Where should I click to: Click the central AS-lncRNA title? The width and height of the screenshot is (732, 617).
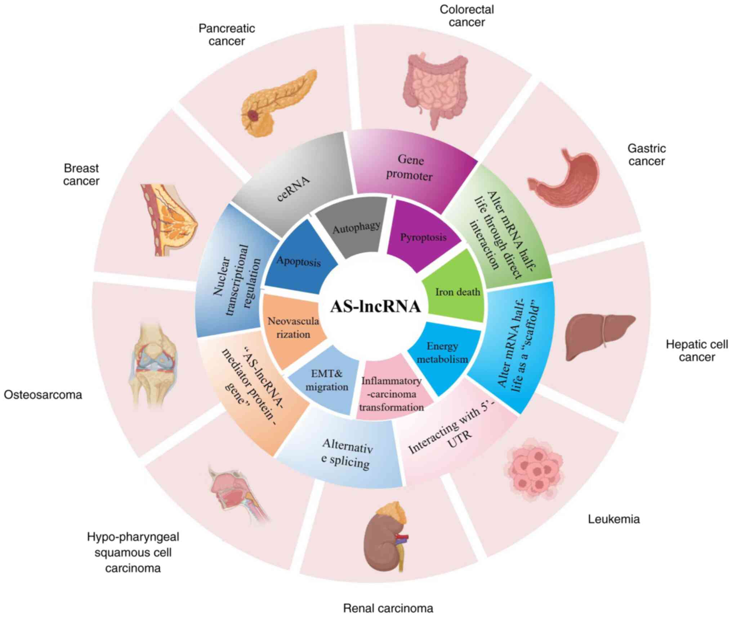coord(375,307)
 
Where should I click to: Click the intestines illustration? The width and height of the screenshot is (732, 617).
coord(436,89)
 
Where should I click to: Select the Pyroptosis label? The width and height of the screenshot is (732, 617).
coord(423,238)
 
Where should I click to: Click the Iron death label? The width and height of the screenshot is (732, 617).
coord(458,292)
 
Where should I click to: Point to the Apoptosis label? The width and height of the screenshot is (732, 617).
coord(298,261)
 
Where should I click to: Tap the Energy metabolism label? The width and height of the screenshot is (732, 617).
coord(442,352)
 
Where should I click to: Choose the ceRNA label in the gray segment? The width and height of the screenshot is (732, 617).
coord(293,189)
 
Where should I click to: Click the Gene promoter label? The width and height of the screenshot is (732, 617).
coord(410,168)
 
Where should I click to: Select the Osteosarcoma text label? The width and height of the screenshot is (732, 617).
coord(43,395)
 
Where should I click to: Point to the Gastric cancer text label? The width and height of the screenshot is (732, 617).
coord(646,155)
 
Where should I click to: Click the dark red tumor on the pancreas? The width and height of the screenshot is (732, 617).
coord(254,115)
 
